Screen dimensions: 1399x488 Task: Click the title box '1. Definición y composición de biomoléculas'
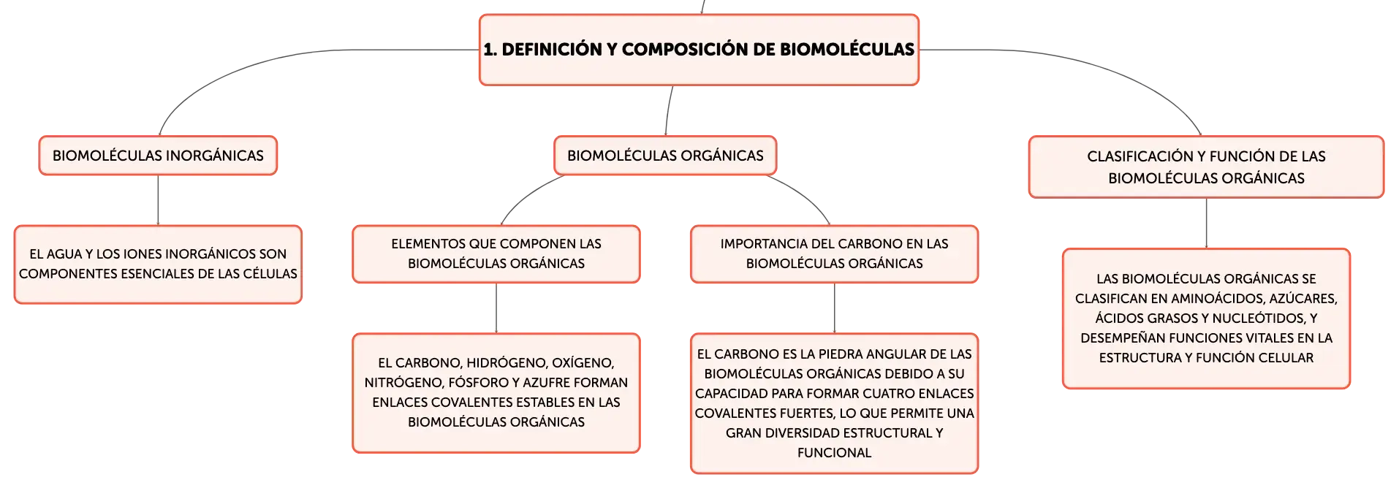pyautogui.click(x=699, y=50)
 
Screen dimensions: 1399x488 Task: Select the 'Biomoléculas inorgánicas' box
pyautogui.click(x=158, y=156)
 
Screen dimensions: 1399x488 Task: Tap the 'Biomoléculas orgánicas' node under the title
pyautogui.click(x=665, y=156)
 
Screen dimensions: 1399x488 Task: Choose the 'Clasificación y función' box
pyautogui.click(x=1206, y=167)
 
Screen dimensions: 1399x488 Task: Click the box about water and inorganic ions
pyautogui.click(x=158, y=264)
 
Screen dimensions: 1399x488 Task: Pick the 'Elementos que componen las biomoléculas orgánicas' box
pyautogui.click(x=496, y=254)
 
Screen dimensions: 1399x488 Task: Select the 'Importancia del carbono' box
pyautogui.click(x=834, y=254)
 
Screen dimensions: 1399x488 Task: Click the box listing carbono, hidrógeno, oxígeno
pyautogui.click(x=496, y=393)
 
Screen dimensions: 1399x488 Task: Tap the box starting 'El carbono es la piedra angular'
pyautogui.click(x=834, y=403)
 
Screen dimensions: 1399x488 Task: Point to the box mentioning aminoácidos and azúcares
pyautogui.click(x=1206, y=319)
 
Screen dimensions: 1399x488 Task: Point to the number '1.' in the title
pyautogui.click(x=490, y=50)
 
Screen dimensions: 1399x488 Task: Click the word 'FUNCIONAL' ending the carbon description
pyautogui.click(x=834, y=453)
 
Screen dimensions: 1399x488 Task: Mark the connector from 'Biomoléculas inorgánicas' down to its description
pyautogui.click(x=158, y=200)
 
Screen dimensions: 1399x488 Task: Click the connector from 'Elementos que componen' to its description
pyautogui.click(x=496, y=308)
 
